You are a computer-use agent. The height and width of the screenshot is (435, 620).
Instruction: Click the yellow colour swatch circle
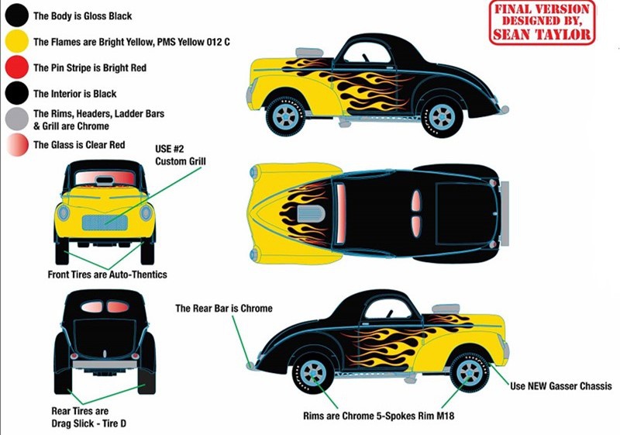16,41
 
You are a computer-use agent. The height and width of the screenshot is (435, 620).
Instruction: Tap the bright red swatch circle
16,67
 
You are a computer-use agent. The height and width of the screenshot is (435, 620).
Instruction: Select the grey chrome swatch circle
16,119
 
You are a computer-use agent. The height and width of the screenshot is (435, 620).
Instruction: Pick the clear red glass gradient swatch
17,145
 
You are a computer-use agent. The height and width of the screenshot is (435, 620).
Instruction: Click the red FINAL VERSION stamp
542,22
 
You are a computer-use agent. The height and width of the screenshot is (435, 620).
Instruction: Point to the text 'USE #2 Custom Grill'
181,155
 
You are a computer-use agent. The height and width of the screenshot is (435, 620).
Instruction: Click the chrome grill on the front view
105,223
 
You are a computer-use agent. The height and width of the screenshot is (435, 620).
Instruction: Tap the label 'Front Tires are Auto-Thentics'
107,274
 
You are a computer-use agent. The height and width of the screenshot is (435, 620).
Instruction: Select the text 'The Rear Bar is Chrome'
224,308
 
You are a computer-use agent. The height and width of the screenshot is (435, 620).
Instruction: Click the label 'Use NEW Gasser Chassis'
560,386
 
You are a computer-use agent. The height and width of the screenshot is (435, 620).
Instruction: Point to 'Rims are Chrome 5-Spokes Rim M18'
378,416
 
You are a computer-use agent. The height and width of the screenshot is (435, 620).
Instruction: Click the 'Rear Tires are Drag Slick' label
89,417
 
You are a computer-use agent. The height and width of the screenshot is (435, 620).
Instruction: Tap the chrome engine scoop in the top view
311,213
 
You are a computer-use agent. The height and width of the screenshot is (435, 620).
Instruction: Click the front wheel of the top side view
285,116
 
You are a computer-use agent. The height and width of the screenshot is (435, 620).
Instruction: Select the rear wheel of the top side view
442,117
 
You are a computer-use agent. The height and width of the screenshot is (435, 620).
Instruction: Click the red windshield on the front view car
105,178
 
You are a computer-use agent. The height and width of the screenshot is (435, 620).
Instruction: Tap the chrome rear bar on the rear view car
105,364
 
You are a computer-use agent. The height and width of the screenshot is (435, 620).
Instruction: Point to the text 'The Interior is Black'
74,94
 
